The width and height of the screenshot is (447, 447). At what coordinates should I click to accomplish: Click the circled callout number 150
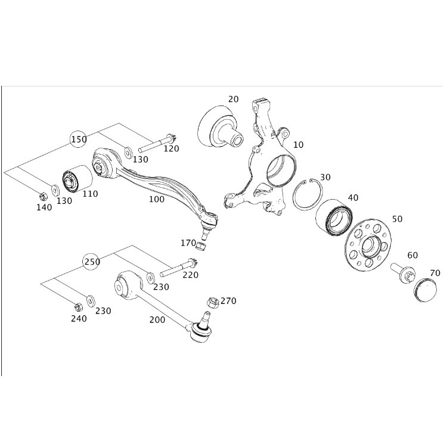(x=79, y=139)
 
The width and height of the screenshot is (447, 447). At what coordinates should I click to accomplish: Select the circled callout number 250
(x=91, y=262)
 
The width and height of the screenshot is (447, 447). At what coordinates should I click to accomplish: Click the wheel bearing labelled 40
(x=334, y=217)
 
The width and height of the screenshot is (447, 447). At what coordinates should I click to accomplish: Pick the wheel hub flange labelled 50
(x=368, y=244)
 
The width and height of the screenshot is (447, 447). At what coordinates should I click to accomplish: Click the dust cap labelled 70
(x=425, y=290)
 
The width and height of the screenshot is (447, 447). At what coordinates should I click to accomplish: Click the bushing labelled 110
(x=77, y=179)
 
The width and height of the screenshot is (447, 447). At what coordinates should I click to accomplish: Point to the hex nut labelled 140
(x=42, y=196)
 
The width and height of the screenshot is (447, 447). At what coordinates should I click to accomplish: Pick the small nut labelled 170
(x=201, y=246)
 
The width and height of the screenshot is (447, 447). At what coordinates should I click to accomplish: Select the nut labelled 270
(x=213, y=302)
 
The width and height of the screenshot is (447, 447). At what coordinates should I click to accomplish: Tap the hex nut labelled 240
(x=78, y=307)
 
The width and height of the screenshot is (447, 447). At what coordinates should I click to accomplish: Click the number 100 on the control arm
(x=157, y=199)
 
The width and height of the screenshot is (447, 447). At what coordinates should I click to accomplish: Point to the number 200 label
(x=157, y=320)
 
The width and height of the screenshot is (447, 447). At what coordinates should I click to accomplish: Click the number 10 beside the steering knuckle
(x=298, y=145)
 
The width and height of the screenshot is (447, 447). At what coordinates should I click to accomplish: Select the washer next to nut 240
(x=91, y=300)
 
